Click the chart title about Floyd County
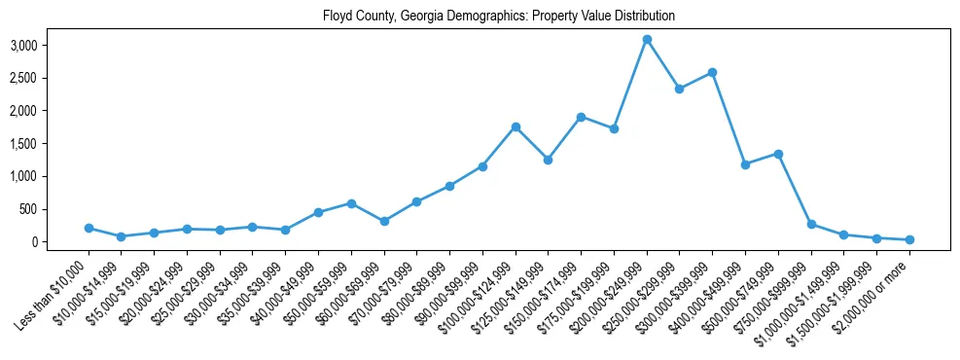[x=498, y=17]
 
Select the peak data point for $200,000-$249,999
[x=647, y=39]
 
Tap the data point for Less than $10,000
[x=89, y=228]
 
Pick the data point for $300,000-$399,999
[x=713, y=72]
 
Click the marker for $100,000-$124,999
[x=516, y=126]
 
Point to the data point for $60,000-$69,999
[x=384, y=221]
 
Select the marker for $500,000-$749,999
[x=778, y=154]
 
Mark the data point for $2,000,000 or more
[x=909, y=239]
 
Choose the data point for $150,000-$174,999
[x=581, y=117]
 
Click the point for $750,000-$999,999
[x=811, y=224]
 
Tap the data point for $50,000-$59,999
[x=351, y=203]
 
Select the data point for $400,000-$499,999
[x=745, y=164]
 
